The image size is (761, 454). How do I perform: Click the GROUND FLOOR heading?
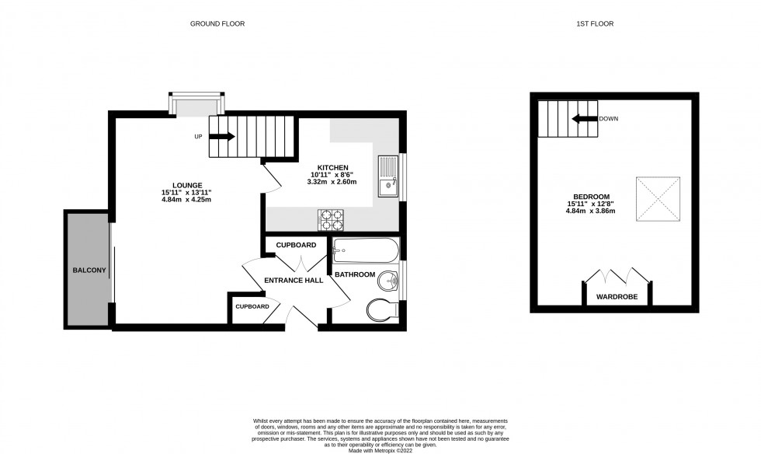217,24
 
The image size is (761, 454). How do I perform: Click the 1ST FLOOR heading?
595,24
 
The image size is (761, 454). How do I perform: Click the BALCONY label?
89,271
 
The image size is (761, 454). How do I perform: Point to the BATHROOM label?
356,274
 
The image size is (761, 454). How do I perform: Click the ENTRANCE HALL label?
294,281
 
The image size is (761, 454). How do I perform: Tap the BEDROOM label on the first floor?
591,197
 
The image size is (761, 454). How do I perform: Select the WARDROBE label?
617,297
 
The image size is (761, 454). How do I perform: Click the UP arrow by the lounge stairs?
221,137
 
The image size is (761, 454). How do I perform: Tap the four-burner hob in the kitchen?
330,220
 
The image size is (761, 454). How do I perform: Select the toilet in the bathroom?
382,309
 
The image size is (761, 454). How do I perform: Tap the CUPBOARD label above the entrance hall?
296,245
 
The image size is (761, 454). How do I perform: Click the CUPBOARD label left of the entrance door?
252,306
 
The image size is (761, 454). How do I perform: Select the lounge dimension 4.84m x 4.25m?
186,200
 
